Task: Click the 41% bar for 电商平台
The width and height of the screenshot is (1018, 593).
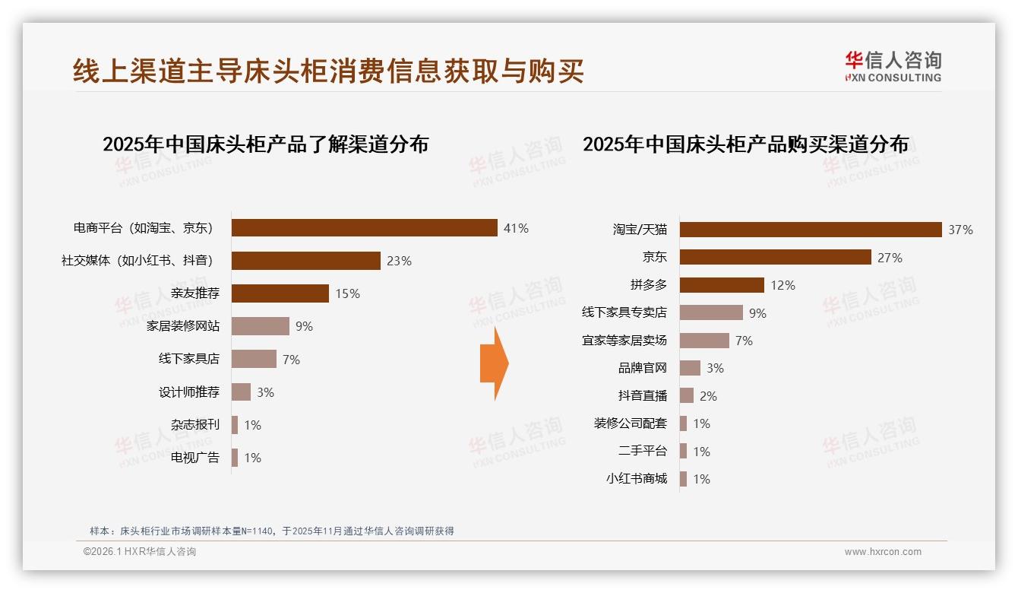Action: [365, 228]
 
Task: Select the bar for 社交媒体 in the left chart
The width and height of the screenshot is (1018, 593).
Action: [305, 261]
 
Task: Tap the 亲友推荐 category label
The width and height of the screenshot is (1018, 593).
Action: [195, 293]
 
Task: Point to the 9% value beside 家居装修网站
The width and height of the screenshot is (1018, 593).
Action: [304, 327]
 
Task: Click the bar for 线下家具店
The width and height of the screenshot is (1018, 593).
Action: [254, 359]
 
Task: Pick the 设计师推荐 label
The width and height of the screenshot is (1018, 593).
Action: [189, 392]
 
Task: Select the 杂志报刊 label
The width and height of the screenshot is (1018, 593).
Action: [195, 425]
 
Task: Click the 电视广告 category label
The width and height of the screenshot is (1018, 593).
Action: [195, 458]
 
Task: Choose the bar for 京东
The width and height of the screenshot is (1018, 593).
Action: [775, 257]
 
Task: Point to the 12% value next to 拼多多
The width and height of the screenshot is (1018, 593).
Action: [782, 286]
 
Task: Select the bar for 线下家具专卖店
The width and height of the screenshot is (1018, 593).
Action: [711, 312]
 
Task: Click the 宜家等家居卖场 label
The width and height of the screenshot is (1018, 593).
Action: [624, 341]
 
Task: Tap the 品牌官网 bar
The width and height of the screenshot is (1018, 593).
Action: [690, 368]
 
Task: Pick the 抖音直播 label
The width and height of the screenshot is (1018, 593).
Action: [643, 396]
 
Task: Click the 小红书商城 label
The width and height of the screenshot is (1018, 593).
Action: [637, 479]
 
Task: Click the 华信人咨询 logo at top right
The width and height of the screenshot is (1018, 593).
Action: [893, 67]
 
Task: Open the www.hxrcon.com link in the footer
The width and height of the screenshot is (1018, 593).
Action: [883, 552]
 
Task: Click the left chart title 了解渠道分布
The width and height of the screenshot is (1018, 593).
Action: [265, 144]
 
